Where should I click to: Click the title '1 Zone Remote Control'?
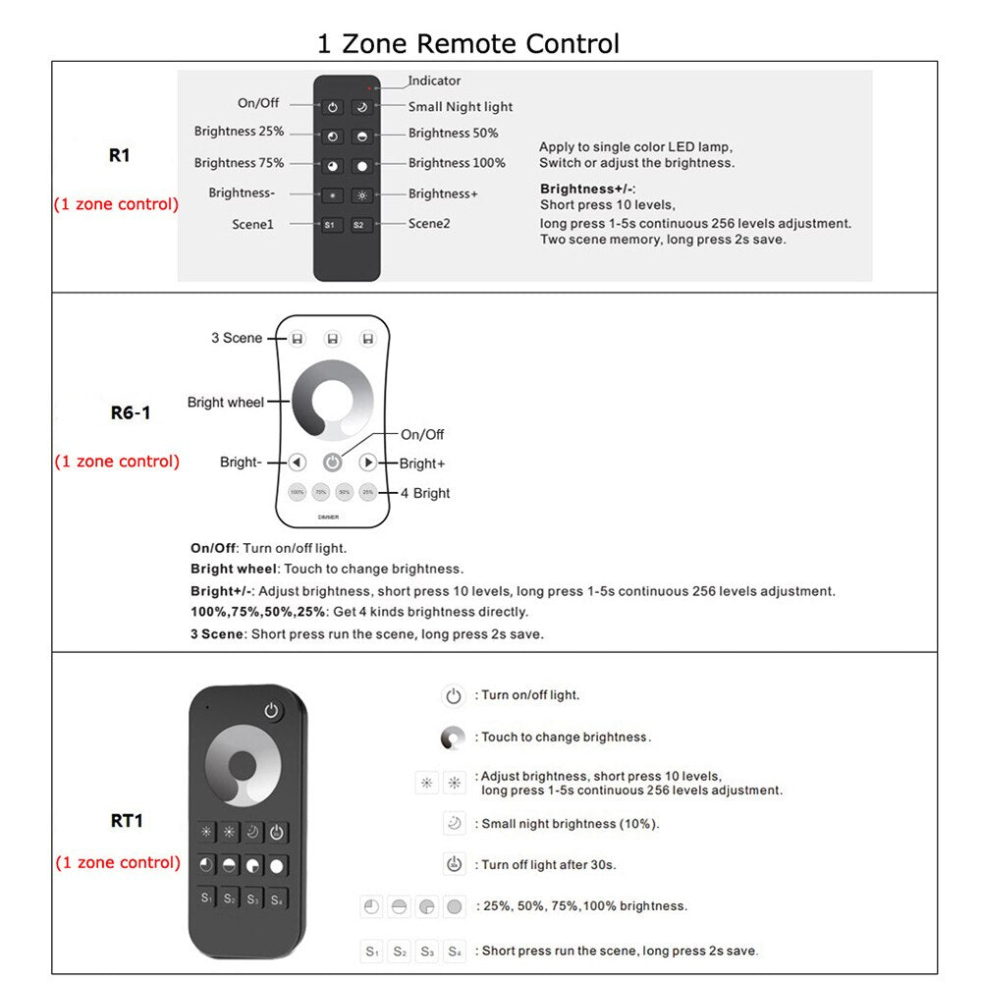[x=467, y=43]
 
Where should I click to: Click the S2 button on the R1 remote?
[x=360, y=225]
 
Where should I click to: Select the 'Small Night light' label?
[x=460, y=107]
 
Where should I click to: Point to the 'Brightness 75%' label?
[x=239, y=163]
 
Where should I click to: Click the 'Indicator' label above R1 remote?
[x=434, y=81]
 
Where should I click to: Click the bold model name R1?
[x=119, y=155]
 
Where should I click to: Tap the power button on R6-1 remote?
[x=333, y=462]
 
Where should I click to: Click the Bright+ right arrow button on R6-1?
[x=368, y=462]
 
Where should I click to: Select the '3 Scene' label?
[x=237, y=338]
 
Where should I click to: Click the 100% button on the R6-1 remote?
[x=297, y=492]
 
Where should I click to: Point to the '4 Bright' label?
[x=425, y=493]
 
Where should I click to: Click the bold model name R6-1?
[x=131, y=412]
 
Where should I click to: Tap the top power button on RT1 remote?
[x=271, y=711]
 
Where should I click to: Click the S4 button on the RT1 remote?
[x=278, y=899]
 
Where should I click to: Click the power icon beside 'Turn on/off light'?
[x=453, y=696]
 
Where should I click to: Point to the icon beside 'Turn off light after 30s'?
[x=453, y=865]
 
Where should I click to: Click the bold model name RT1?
[x=127, y=820]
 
